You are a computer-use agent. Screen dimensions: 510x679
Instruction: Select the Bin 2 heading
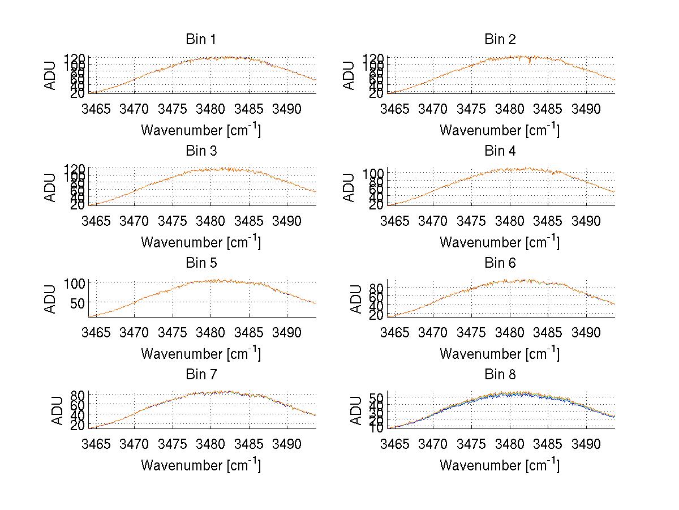pos(500,40)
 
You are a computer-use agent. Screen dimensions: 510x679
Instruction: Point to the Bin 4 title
pos(500,151)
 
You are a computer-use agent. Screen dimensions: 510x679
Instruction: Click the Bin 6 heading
pos(500,263)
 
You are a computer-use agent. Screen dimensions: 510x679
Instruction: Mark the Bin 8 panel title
pos(500,375)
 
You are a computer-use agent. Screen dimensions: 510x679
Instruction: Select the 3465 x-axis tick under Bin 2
pos(394,108)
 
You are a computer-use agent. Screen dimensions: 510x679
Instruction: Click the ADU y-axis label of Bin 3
pos(51,187)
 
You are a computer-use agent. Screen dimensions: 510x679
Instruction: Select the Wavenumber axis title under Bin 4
pos(500,242)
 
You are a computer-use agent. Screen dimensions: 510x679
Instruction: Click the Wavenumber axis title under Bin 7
pos(200,465)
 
